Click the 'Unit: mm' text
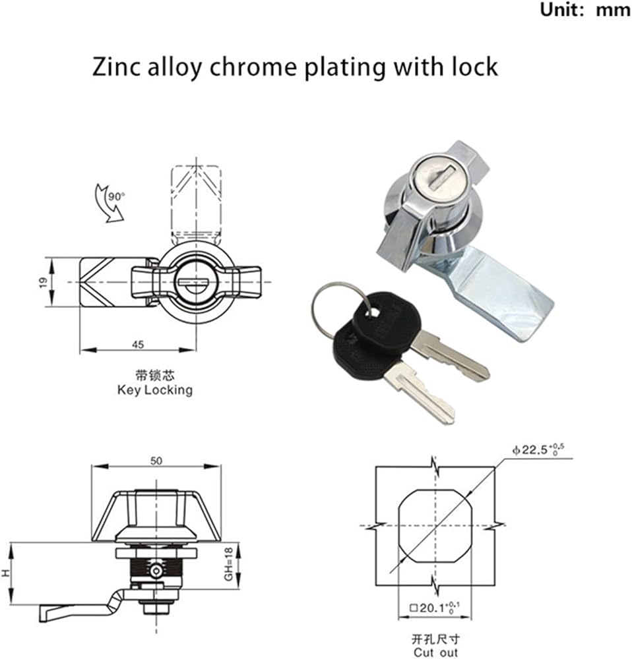click(x=585, y=10)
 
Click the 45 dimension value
click(x=138, y=345)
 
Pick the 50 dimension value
click(x=156, y=461)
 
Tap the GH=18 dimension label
click(x=228, y=564)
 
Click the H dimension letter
click(x=5, y=573)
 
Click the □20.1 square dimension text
click(x=435, y=608)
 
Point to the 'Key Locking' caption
click(x=155, y=390)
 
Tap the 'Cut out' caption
click(x=435, y=652)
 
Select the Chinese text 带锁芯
click(x=155, y=375)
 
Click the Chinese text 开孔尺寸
click(x=435, y=640)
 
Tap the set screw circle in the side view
click(x=156, y=571)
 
